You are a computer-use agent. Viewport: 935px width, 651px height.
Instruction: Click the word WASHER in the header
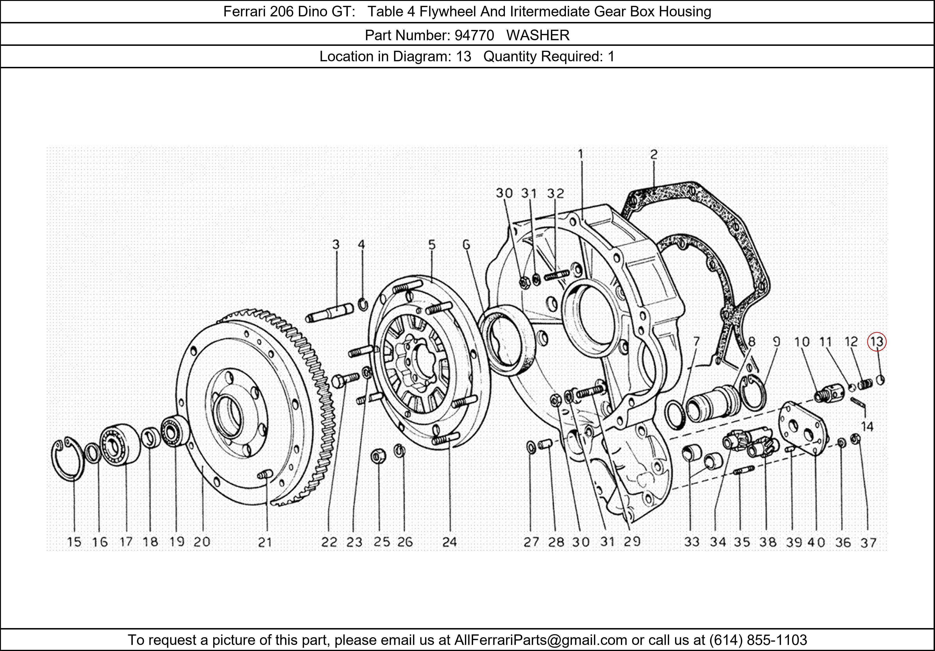(538, 36)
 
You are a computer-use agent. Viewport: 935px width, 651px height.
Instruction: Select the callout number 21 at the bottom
(265, 542)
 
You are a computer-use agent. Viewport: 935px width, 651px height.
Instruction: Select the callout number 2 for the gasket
(654, 154)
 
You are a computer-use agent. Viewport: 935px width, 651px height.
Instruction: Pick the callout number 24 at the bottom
(449, 542)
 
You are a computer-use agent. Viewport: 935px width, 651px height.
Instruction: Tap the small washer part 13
(880, 380)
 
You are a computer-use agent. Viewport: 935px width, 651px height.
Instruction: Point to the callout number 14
(867, 427)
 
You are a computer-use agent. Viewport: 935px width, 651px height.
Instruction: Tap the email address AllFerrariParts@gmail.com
(540, 640)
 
